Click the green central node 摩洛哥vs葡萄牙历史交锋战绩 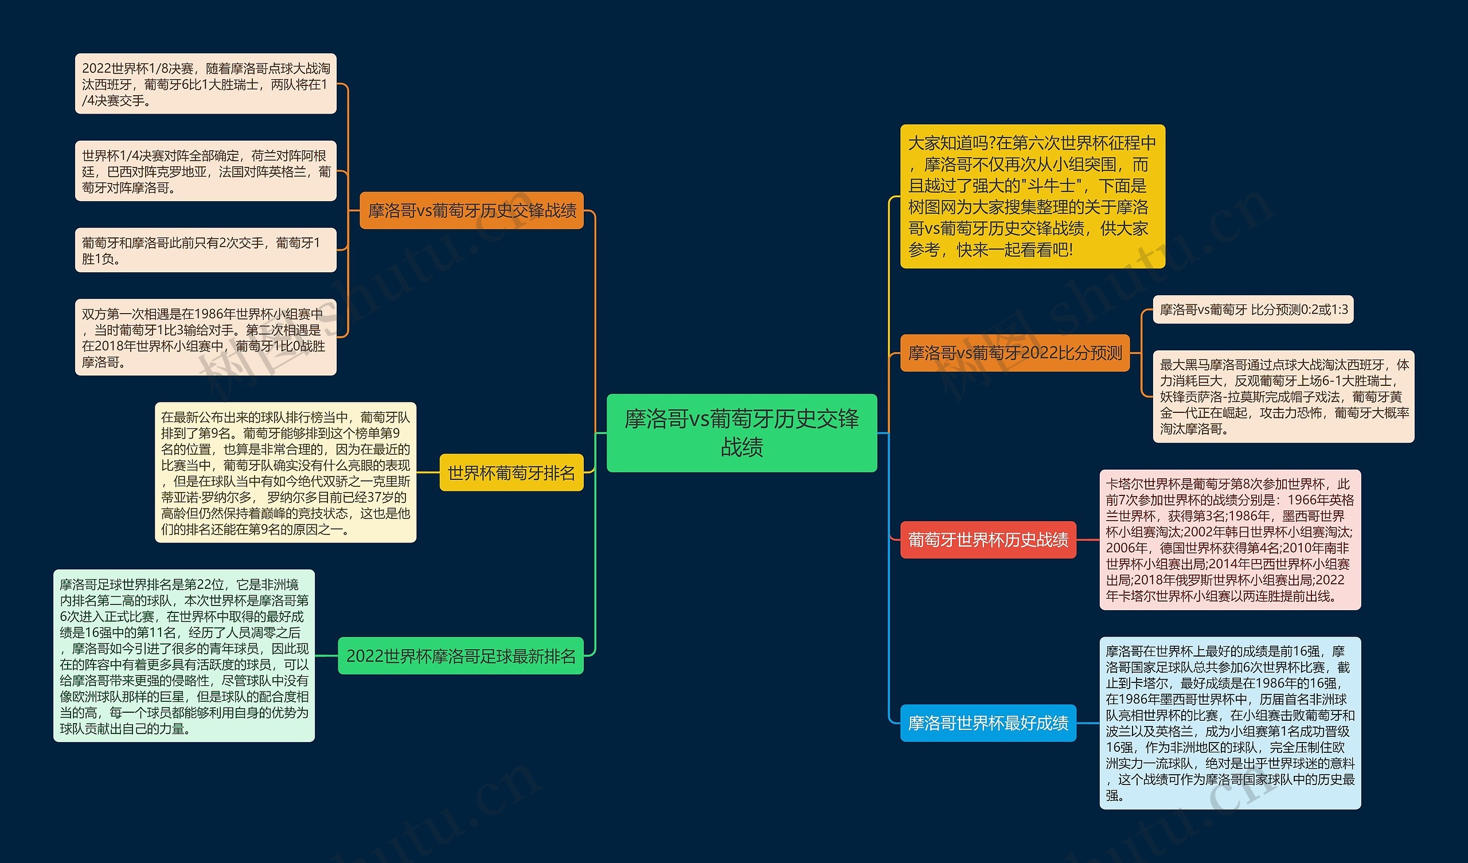(741, 432)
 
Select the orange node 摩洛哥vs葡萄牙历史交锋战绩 (471, 210)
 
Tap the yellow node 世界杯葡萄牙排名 (511, 472)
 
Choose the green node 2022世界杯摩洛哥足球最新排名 (460, 656)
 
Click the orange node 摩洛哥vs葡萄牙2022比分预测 (1014, 353)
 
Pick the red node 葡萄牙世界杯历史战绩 (987, 540)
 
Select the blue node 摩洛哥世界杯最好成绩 (987, 723)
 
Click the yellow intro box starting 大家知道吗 (1032, 196)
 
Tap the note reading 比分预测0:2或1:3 (1253, 310)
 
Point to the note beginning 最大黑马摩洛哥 (1283, 397)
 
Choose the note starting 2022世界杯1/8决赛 (206, 84)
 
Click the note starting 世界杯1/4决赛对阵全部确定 (206, 171)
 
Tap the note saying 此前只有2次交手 (206, 250)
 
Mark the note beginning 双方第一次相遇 (206, 337)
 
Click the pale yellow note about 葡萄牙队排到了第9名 (286, 472)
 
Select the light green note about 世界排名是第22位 (184, 656)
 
